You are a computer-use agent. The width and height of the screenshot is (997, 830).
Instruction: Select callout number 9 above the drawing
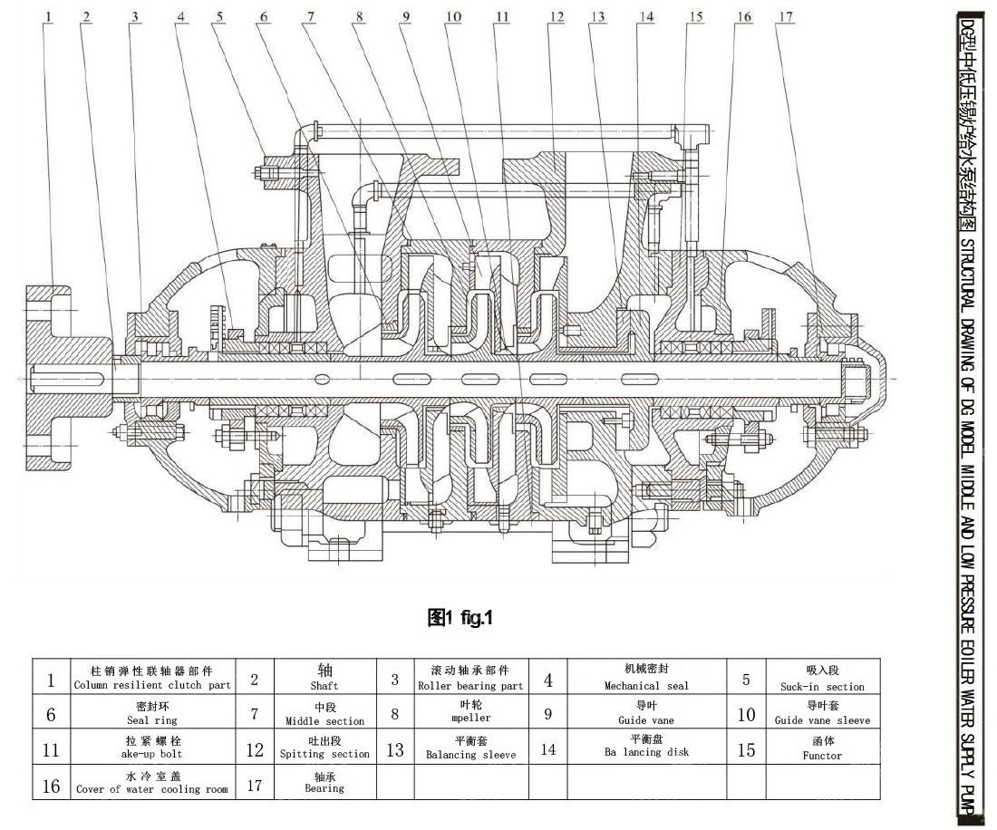point(405,15)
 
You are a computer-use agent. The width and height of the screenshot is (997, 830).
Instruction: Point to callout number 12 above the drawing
point(556,15)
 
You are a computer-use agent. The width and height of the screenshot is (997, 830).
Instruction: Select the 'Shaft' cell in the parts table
point(324,679)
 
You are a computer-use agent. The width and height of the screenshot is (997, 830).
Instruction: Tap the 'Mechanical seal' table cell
point(646,679)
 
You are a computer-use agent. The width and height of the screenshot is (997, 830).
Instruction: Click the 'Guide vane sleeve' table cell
point(822,713)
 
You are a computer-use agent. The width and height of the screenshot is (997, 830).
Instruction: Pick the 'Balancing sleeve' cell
point(470,748)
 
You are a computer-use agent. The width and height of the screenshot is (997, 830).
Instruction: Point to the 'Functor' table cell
point(822,748)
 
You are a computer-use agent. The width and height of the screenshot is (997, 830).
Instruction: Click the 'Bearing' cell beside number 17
point(324,782)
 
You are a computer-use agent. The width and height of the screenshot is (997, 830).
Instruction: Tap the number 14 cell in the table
point(548,748)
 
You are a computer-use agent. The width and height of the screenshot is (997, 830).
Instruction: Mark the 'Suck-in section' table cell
point(822,679)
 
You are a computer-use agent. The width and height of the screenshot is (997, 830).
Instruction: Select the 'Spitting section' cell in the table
point(324,748)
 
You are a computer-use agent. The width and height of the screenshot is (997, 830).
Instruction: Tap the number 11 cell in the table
point(51,748)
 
